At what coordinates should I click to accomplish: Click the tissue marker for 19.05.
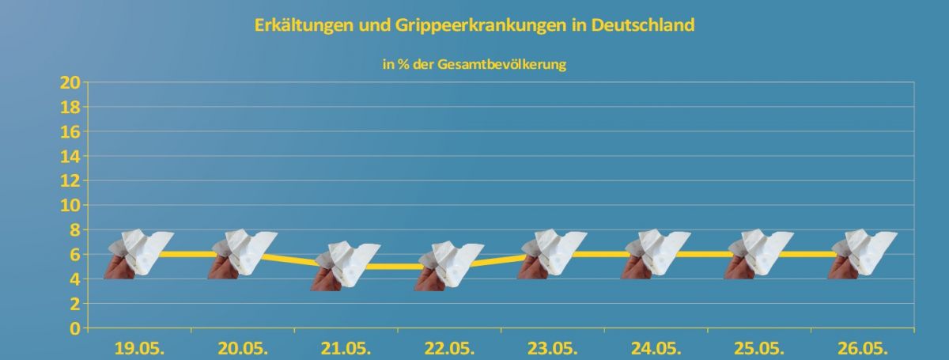coord(140,254)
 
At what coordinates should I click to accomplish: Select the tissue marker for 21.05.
coord(346,266)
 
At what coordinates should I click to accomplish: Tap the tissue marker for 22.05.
coord(450,266)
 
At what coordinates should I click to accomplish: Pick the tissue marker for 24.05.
coord(657,254)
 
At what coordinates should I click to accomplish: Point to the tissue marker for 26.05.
coord(864,254)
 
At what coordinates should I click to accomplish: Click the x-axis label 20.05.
coord(243,349)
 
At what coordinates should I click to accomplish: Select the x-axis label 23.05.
coord(553,349)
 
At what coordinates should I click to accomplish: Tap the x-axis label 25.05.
coord(760,349)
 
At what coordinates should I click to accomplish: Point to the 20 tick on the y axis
coord(70,82)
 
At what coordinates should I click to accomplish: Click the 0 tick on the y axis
coord(74,328)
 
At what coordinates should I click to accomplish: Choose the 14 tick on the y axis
coord(70,156)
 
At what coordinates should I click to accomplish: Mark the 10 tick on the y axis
coord(70,205)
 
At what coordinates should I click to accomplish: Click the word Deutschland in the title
coord(635,25)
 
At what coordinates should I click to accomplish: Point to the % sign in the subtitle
coord(399,65)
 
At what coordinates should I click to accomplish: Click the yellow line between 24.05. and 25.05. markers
coord(709,254)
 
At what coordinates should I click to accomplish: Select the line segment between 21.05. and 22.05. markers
coord(399,267)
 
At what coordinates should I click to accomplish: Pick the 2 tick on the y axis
coord(74,304)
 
